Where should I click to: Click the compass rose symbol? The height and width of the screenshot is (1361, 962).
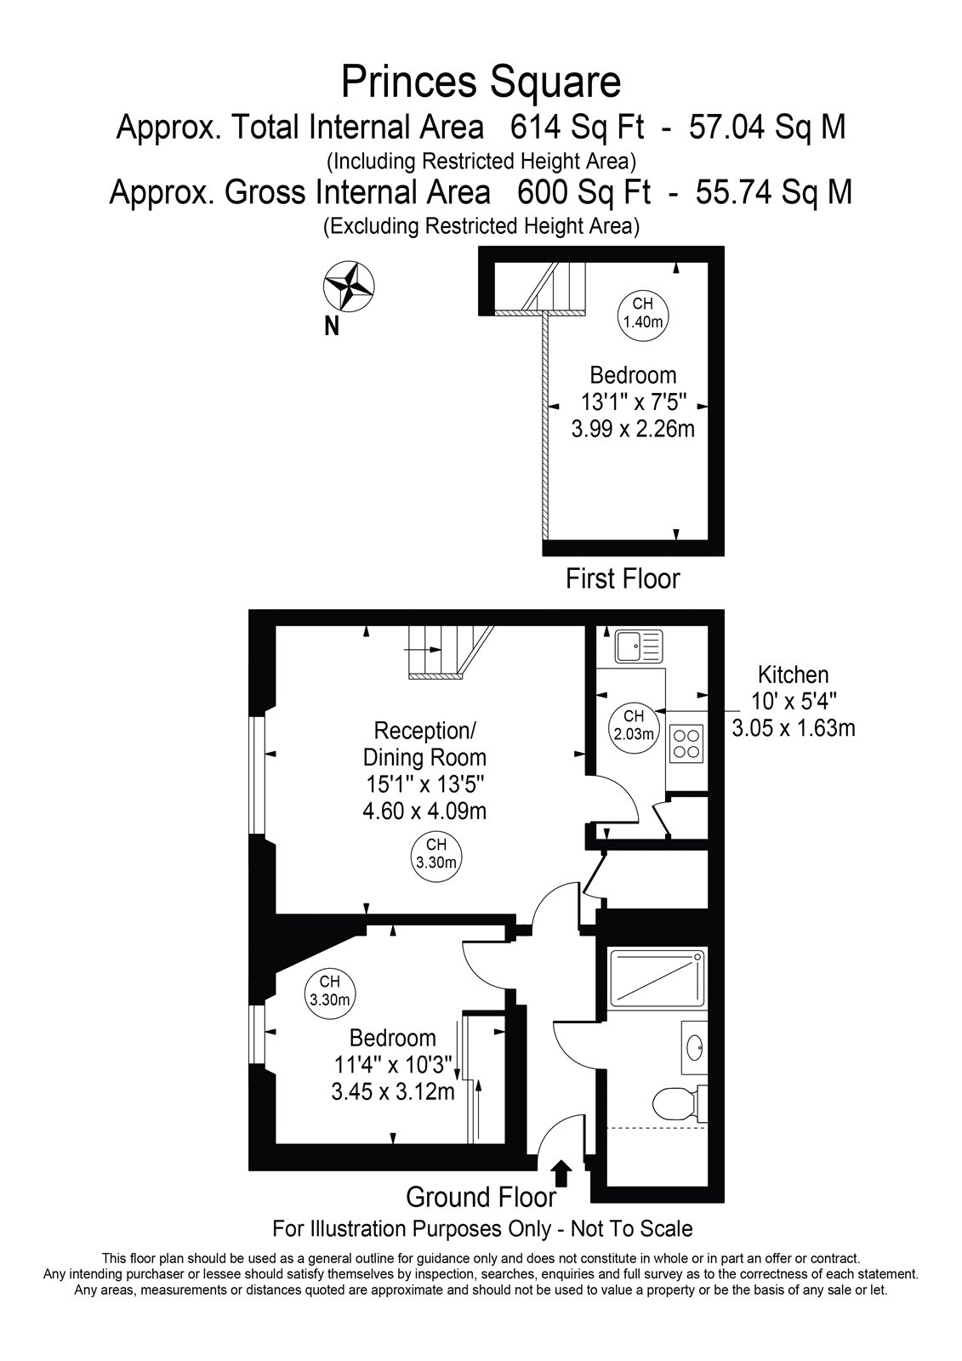coord(349,286)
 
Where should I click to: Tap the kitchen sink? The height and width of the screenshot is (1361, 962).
coord(639,646)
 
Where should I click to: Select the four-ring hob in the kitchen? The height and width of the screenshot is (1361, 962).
coord(686,743)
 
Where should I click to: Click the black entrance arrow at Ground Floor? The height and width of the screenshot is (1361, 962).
coord(563,1173)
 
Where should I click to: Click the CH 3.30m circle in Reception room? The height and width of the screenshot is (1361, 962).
coord(436,854)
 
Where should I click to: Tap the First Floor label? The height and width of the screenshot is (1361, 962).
coord(623,578)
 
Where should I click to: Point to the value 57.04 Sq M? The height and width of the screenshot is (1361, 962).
coord(767,128)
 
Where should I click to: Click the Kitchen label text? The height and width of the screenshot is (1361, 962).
coord(793,675)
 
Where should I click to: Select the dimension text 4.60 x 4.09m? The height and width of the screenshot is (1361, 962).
coord(424,811)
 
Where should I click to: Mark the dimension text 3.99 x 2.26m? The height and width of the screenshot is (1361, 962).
coord(633,429)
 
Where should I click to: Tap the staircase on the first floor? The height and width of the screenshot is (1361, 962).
coord(539,288)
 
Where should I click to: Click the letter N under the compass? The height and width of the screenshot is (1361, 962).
coord(331,327)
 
